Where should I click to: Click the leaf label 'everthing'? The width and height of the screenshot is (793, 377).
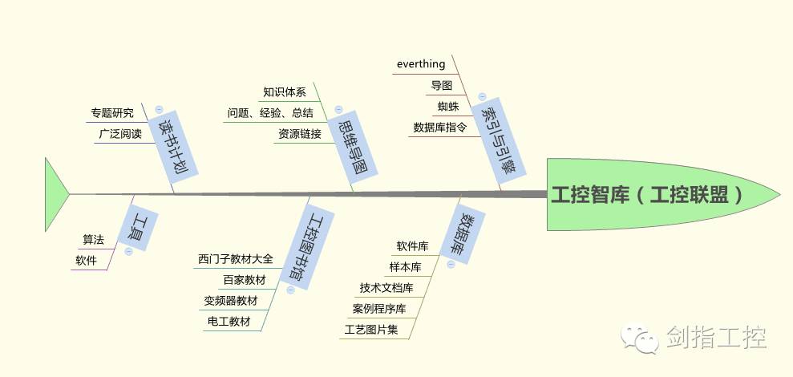coord(421,63)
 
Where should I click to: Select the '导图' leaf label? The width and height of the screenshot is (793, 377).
coord(442,85)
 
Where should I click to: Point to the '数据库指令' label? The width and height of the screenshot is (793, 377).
coord(439,127)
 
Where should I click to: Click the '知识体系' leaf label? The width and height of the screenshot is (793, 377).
coord(285,92)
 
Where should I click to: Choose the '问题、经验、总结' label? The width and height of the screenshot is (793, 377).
coord(270,113)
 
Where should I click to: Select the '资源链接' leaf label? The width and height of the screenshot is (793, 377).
coord(300,134)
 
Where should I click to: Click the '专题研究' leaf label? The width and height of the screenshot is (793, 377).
coord(112,113)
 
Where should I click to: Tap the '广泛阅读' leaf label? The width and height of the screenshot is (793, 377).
coord(120,134)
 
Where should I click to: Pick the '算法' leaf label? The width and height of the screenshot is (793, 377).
coord(93,239)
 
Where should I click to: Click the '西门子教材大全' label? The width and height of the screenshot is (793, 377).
coord(236,259)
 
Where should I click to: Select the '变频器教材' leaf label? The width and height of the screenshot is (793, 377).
coord(231,301)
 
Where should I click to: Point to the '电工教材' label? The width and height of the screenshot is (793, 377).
coord(229,322)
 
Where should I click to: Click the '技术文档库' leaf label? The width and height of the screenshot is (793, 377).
coord(386,287)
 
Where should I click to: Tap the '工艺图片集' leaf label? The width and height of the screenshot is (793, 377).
coord(370,329)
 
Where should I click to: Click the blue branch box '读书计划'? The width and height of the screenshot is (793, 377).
coord(176,149)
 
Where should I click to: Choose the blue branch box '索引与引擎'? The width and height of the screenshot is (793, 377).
coord(500,137)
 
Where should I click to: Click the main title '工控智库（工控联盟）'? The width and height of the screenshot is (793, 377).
coord(646,195)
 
